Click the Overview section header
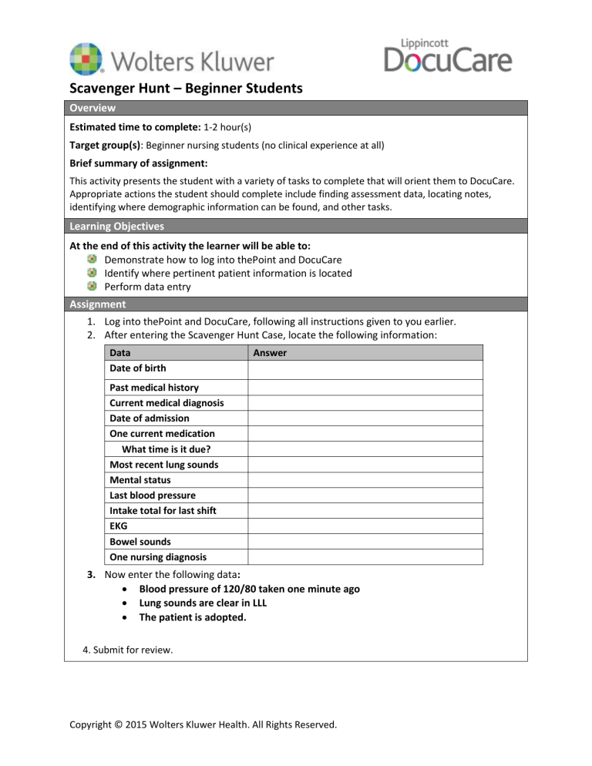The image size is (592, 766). (x=90, y=108)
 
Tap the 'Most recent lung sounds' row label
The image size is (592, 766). (x=163, y=465)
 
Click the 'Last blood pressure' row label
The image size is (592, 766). (x=152, y=496)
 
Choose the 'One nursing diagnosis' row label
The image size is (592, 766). (x=157, y=557)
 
